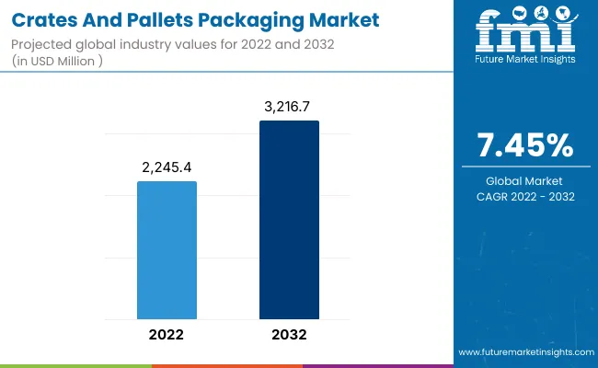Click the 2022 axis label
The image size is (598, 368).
tap(167, 336)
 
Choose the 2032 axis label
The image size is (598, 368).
tap(289, 336)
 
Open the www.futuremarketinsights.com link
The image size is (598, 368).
tap(523, 352)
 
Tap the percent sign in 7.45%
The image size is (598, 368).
tap(562, 145)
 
